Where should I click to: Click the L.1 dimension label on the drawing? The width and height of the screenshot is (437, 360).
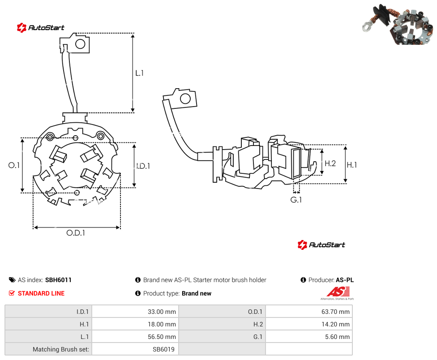tap(139, 73)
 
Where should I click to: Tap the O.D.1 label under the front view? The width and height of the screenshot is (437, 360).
tap(76, 233)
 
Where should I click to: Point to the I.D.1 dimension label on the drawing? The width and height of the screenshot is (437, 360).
tap(143, 166)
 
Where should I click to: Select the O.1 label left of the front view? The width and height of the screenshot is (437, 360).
tap(14, 165)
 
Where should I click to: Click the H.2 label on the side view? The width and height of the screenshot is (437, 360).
tap(330, 163)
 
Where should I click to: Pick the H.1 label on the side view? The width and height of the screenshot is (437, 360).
tap(352, 165)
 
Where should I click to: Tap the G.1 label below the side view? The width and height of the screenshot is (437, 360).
tap(296, 200)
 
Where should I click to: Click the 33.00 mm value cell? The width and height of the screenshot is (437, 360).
tap(135, 312)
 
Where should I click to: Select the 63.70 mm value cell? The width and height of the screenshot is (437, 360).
tap(309, 312)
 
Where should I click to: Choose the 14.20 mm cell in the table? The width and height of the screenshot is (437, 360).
tap(309, 324)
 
